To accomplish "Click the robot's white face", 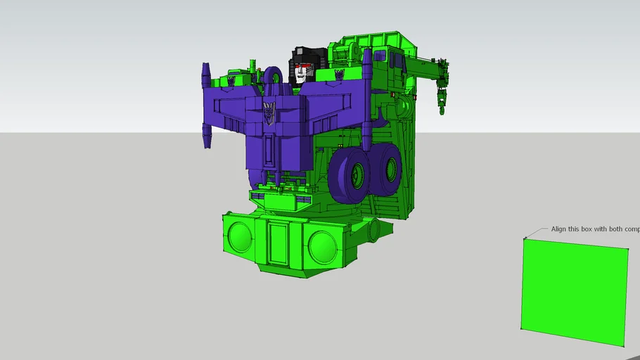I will pyautogui.click(x=304, y=73).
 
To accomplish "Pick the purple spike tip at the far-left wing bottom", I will pyautogui.click(x=207, y=140).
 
